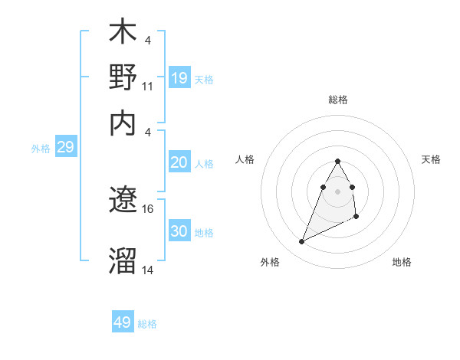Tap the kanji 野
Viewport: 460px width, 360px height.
123,79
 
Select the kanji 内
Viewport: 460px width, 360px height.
123,122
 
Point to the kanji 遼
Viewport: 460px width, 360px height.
123,201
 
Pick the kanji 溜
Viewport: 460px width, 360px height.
123,261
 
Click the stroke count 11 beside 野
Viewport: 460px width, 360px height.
148,87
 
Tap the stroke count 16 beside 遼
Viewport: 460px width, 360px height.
148,208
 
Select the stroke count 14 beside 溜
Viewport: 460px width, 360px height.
148,270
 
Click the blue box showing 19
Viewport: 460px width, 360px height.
179,77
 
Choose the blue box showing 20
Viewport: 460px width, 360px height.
179,162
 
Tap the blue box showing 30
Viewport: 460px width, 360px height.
179,231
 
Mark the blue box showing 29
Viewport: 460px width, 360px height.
65,148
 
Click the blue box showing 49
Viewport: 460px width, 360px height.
123,322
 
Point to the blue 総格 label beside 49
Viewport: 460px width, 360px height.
147,324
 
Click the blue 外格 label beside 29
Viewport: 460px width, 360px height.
40,149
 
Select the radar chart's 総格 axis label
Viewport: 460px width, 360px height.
338,100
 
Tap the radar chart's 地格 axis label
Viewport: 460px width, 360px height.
402,262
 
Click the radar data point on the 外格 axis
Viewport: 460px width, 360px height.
301,242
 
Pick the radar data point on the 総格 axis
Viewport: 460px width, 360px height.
338,161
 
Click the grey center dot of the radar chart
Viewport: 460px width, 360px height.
338,191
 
